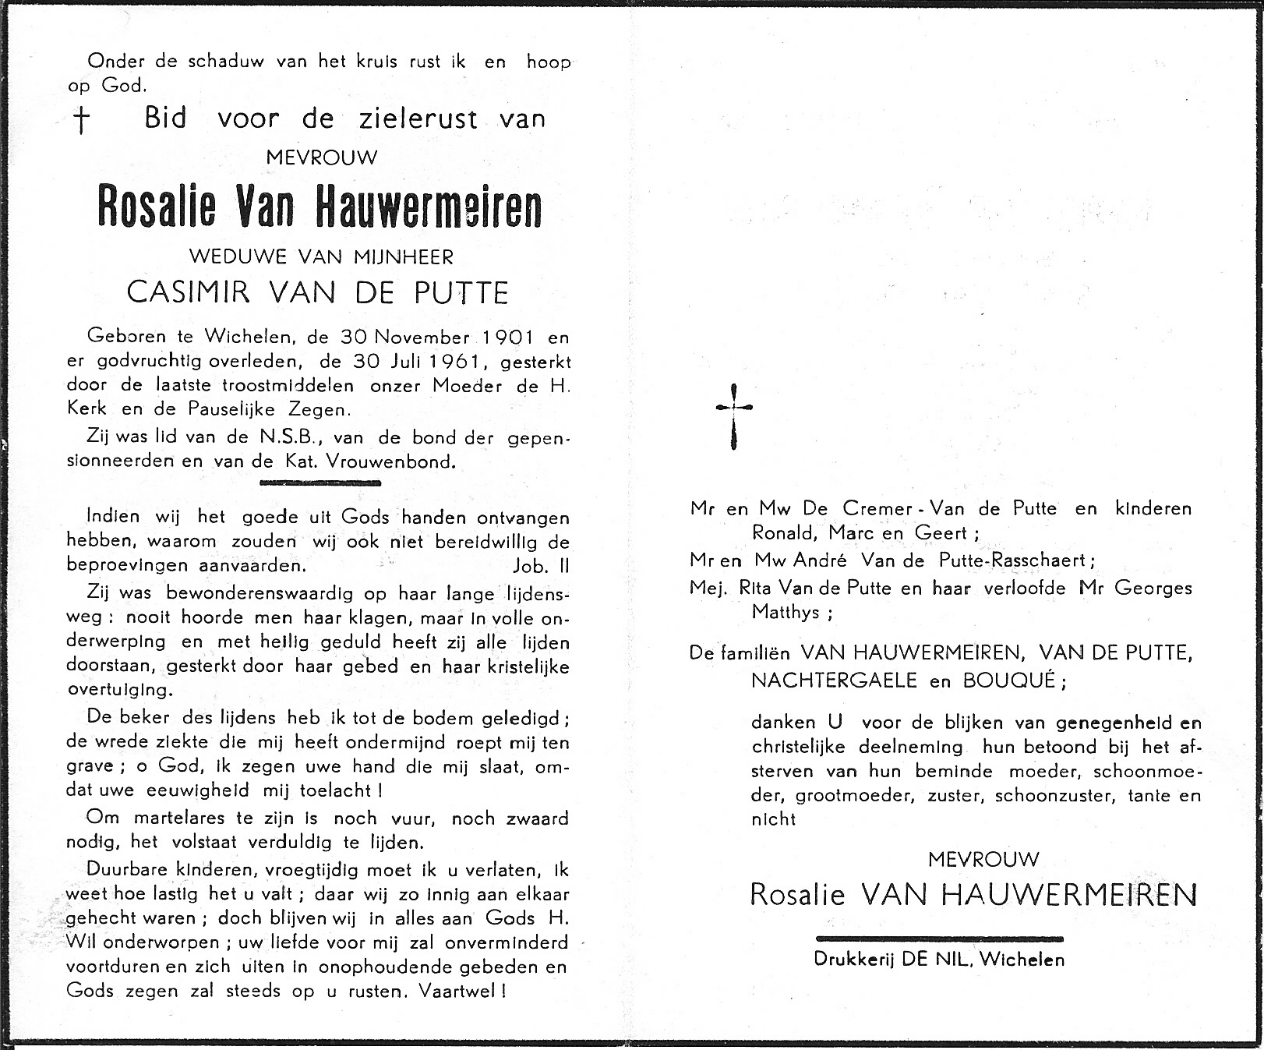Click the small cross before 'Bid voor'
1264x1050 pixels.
pyautogui.click(x=80, y=121)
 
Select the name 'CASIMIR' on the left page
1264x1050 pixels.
pyautogui.click(x=189, y=292)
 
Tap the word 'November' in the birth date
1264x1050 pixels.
pyautogui.click(x=422, y=338)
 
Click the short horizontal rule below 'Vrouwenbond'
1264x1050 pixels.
pyautogui.click(x=320, y=483)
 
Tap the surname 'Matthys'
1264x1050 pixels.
pyautogui.click(x=786, y=612)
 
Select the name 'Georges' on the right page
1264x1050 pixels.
pyautogui.click(x=1153, y=588)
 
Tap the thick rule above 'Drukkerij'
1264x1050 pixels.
pyautogui.click(x=938, y=939)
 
